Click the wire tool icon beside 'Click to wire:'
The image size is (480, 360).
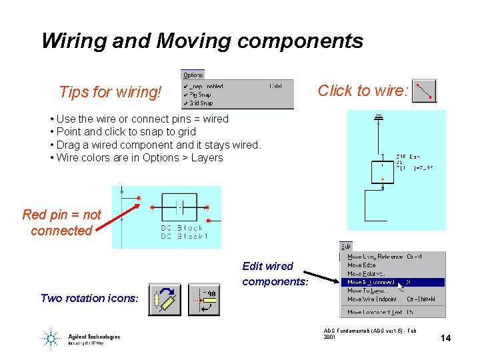[424, 91]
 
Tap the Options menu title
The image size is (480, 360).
[193, 75]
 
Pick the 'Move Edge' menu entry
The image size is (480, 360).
[361, 265]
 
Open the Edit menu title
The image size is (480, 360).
[345, 247]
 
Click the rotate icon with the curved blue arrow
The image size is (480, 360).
[164, 299]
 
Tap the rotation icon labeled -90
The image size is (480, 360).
[203, 299]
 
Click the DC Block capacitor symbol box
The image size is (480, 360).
[178, 207]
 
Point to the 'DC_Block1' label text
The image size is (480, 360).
[184, 237]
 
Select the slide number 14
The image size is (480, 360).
[445, 338]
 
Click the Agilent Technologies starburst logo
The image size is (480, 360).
[50, 338]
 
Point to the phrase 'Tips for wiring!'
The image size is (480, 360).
[110, 92]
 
